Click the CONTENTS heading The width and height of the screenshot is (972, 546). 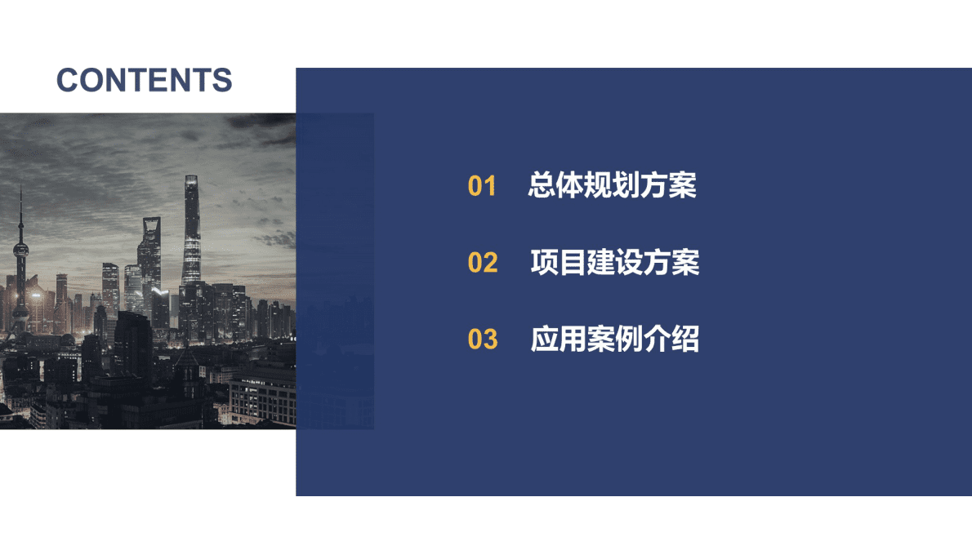pos(145,80)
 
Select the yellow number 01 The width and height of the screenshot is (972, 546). pos(482,187)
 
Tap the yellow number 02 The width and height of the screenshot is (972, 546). pos(483,263)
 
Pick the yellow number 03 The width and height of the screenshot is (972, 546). pos(483,339)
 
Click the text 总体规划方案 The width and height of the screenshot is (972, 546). pos(612,186)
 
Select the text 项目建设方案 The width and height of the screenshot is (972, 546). pos(614,263)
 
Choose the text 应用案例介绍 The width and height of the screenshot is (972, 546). pos(614,339)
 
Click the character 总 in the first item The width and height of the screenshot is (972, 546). pos(542,186)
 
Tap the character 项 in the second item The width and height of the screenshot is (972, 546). pos(545,263)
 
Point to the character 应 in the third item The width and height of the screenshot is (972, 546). pos(545,339)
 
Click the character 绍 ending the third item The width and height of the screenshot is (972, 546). pos(684,339)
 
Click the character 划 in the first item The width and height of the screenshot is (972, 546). pos(626,186)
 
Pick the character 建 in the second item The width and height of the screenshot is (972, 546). pos(600,263)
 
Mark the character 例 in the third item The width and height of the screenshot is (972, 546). pos(628,339)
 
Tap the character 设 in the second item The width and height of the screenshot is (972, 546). pos(628,263)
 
